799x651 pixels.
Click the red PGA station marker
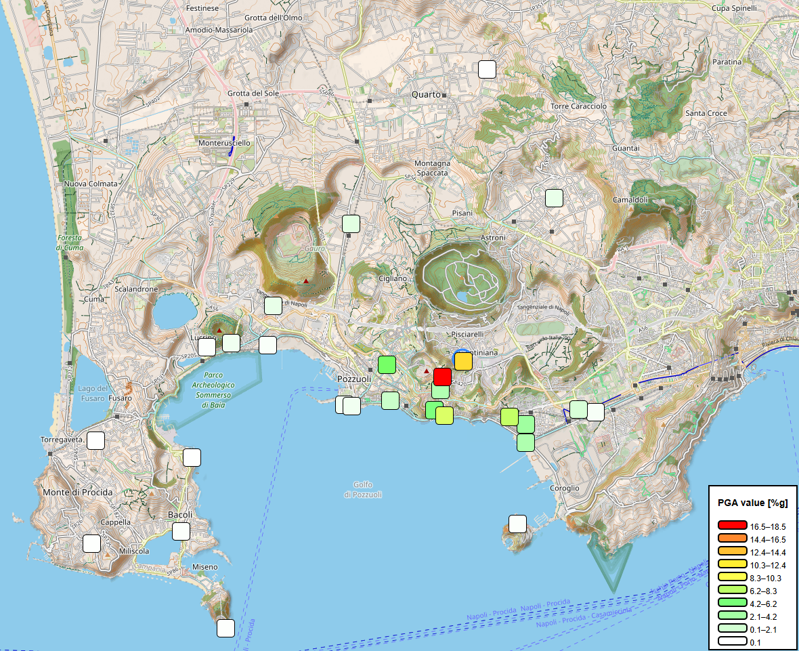click(x=442, y=377)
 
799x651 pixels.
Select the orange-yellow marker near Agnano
click(x=463, y=361)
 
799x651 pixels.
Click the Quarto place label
click(x=426, y=95)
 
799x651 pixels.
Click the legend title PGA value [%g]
click(x=752, y=503)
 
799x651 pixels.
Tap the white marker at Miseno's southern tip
click(x=226, y=628)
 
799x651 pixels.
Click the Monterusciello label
click(x=224, y=144)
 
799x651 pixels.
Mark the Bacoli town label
click(x=181, y=515)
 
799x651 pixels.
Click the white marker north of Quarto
click(x=487, y=69)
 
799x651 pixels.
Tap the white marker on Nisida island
click(x=517, y=524)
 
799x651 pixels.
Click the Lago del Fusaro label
click(x=93, y=393)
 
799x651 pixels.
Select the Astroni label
click(x=493, y=238)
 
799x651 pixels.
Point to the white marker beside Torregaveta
click(x=96, y=440)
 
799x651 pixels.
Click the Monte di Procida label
click(x=77, y=492)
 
